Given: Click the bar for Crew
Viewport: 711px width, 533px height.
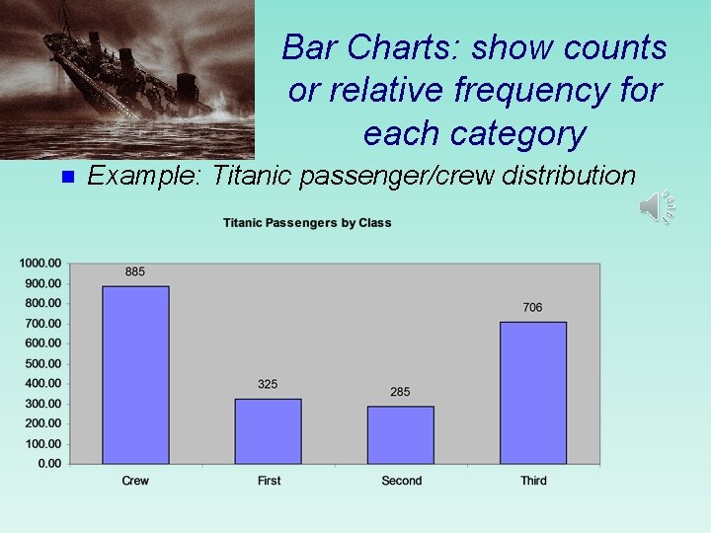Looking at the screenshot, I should coord(135,375).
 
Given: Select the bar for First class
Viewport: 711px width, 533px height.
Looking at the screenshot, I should coord(268,431).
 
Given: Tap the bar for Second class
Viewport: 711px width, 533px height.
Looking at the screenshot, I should coord(400,435).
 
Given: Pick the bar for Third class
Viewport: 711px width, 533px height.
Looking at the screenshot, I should coord(532,393).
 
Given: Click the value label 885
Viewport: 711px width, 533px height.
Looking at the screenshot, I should coord(135,271).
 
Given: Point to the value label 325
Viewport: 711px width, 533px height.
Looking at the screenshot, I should coord(268,384).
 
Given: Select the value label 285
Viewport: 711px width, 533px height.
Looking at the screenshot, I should coord(400,392).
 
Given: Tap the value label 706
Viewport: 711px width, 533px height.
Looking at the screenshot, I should coord(532,307).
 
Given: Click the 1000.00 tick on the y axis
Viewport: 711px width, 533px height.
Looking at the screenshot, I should coord(40,264).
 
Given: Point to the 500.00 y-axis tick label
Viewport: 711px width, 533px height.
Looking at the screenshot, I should coord(40,363).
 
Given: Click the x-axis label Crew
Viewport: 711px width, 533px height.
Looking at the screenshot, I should coord(135,481).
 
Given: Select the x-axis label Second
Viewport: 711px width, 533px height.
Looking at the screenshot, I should coord(401,481).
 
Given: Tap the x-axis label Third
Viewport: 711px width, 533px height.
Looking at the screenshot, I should coord(533,481).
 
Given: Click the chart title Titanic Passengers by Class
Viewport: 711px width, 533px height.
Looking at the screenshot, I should coord(307,223).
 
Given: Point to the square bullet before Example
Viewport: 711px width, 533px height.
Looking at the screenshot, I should coord(67,178).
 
